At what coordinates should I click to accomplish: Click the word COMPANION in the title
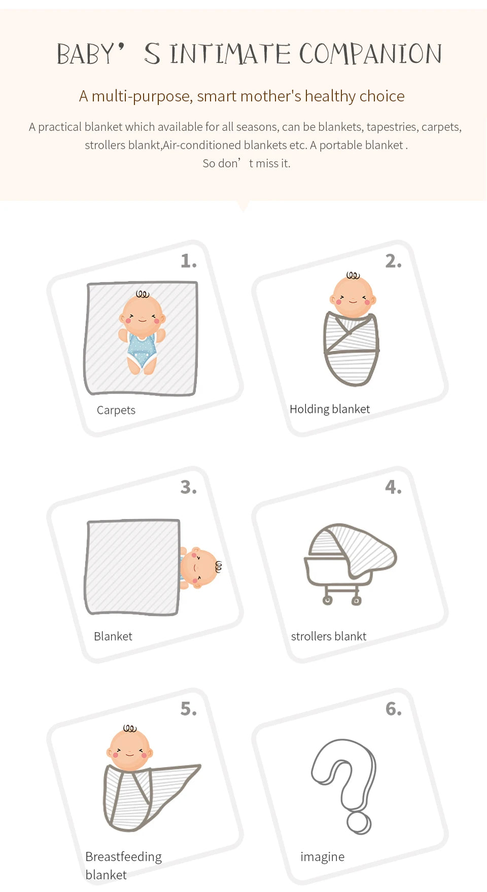[370, 54]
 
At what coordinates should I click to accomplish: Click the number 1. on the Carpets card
[188, 261]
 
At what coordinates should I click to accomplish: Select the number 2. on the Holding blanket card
[393, 261]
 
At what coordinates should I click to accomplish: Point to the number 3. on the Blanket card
[188, 487]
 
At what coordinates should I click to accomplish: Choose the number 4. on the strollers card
[393, 487]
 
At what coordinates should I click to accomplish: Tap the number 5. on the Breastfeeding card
[188, 709]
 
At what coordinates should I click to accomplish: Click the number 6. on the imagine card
[393, 709]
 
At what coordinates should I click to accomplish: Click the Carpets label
[116, 410]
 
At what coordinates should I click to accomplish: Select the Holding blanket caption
[330, 409]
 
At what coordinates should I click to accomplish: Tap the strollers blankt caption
[329, 636]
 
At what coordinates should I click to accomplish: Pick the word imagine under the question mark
[322, 857]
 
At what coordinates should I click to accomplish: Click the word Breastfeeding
[123, 857]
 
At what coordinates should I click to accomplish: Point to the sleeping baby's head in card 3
[199, 567]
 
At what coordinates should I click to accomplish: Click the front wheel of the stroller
[328, 601]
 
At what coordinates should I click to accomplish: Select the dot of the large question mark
[359, 823]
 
